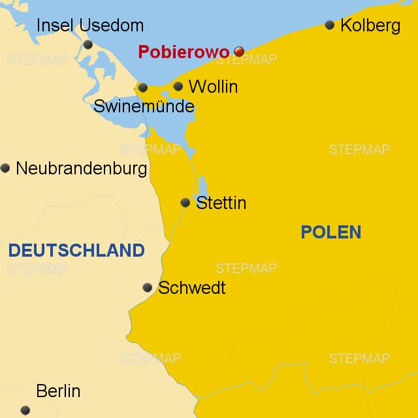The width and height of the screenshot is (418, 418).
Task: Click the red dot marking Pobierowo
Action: coord(239,52)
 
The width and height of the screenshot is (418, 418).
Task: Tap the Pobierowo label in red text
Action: coord(184,52)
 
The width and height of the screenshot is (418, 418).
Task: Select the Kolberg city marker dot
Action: coord(330,25)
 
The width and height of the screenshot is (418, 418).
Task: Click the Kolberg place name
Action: coord(370,26)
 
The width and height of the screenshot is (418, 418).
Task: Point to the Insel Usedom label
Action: coord(89,26)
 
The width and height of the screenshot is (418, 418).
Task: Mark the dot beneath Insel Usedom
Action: coord(88,44)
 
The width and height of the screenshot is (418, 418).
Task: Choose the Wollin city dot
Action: coord(178,86)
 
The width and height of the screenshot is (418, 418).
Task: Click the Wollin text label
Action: coord(213,87)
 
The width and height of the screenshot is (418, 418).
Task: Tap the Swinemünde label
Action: coord(144,106)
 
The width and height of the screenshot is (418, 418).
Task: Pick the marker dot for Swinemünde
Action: coord(143,88)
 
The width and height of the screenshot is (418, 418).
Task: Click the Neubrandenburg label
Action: coord(81,169)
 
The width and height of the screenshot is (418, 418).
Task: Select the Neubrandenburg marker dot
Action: coord(5,168)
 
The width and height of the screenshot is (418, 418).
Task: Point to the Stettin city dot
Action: coord(185,203)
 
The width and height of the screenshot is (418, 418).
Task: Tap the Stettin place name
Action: coord(221,203)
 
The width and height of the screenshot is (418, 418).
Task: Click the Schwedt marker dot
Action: coord(148,287)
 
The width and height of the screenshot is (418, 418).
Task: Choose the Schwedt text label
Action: coord(192,288)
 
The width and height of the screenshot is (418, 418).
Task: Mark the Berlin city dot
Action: coord(25,410)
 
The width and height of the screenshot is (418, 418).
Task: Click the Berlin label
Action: coord(58,391)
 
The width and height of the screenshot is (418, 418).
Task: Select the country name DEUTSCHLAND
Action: coord(76,250)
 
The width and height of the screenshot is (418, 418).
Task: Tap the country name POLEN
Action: coord(330,232)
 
